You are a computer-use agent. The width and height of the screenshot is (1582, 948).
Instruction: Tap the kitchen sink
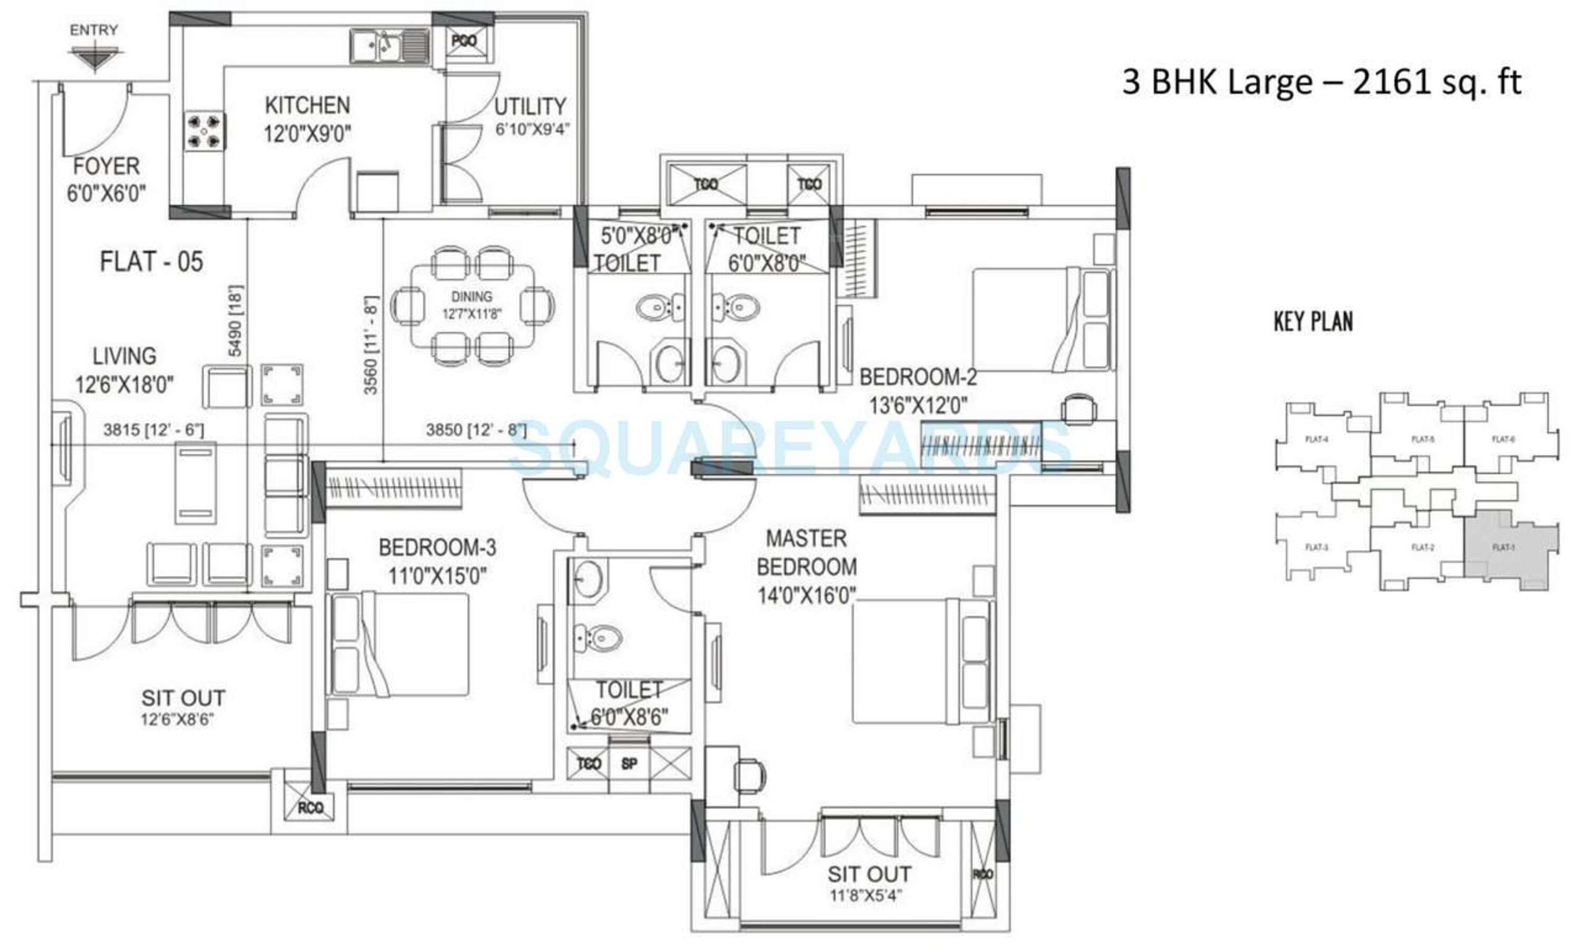389,46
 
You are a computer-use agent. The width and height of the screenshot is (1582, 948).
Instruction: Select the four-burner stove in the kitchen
204,131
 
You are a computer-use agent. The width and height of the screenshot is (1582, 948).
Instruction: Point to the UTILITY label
530,107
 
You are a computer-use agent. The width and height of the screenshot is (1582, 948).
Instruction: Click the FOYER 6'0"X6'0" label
106,179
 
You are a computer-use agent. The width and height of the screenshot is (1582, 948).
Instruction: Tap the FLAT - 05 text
151,262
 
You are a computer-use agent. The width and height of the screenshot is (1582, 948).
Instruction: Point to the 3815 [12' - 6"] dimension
154,430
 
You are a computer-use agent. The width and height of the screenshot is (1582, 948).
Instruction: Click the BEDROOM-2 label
918,378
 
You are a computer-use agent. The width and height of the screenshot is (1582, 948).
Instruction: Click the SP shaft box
629,764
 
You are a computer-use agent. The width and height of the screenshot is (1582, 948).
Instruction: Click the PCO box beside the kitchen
464,41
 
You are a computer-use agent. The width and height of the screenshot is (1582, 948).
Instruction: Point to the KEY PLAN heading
1313,321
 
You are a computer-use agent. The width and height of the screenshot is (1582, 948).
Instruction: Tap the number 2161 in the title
1391,82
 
